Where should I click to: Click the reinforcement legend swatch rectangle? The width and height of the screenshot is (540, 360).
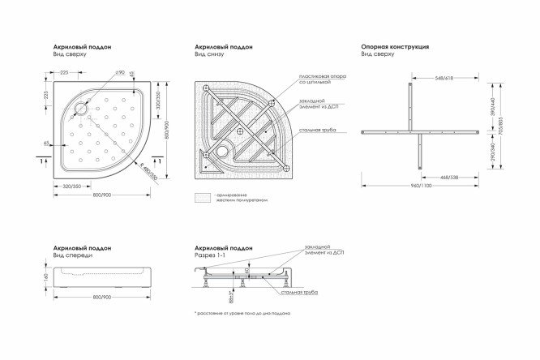(x=203, y=197)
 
